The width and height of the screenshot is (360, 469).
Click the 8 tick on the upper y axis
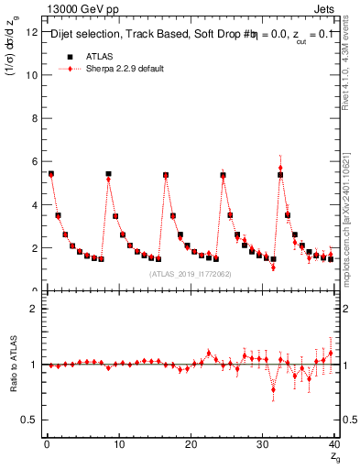coord(36,118)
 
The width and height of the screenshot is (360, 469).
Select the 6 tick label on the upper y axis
coord(36,161)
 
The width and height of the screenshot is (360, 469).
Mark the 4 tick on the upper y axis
coord(36,204)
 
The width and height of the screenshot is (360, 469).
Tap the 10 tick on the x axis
coord(118,444)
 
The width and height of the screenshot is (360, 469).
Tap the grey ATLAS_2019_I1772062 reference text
coord(189,274)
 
